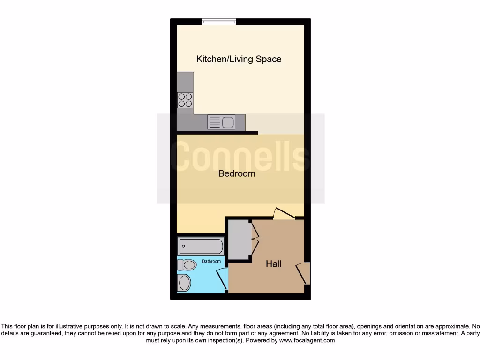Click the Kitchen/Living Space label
point(239,59)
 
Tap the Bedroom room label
point(237,173)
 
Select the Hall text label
point(273,264)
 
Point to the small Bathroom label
point(211,261)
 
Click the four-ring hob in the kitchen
point(185,100)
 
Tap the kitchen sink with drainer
point(221,122)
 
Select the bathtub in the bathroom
point(201,246)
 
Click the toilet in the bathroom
point(187,265)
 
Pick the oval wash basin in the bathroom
point(184,283)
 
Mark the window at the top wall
point(219,21)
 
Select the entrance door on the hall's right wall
point(303,273)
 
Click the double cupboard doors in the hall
point(255,239)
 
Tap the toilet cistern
point(180,265)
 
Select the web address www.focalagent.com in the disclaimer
point(307,340)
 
